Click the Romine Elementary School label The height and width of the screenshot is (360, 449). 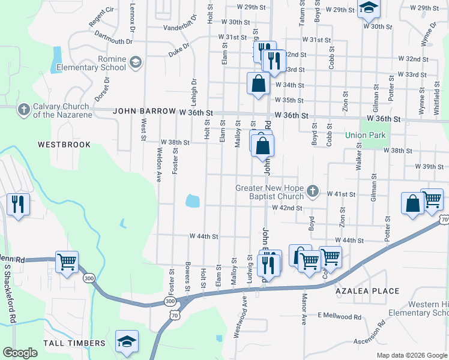click(91, 64)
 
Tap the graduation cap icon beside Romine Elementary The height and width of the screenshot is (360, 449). click(136, 61)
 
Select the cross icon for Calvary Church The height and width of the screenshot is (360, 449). click(23, 109)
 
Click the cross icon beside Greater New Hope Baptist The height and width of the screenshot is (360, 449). click(312, 191)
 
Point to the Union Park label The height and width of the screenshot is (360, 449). click(365, 135)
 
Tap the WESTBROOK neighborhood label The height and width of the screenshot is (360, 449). click(64, 145)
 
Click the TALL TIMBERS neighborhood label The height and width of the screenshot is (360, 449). click(74, 343)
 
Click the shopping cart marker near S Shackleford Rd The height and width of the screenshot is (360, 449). click(67, 262)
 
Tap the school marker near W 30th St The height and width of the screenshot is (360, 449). click(369, 8)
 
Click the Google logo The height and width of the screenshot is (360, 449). click(20, 352)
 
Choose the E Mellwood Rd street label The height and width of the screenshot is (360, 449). click(340, 316)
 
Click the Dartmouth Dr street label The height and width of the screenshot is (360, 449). click(113, 38)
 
